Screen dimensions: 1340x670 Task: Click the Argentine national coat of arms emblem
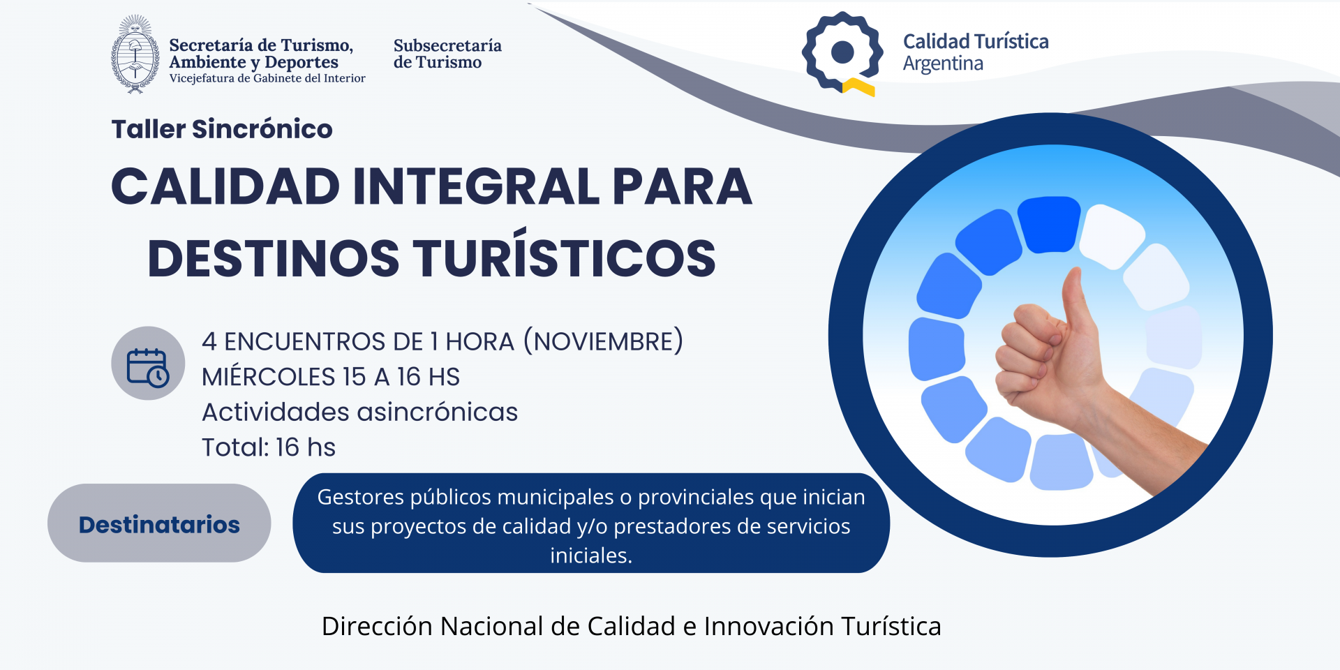pos(135,54)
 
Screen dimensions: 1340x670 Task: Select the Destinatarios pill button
pos(159,523)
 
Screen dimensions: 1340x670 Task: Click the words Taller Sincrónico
pos(222,129)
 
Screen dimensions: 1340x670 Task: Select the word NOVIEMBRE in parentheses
pos(604,341)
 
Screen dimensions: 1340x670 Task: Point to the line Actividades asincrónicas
pos(360,412)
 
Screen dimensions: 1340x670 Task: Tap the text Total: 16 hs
pos(269,447)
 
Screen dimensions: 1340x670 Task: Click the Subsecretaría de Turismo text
pos(447,54)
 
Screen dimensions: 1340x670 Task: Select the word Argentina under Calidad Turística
pos(943,64)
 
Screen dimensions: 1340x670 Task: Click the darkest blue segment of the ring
pos(1049,225)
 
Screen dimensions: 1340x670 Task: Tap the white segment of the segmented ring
pos(1112,236)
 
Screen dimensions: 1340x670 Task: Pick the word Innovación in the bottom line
pos(769,626)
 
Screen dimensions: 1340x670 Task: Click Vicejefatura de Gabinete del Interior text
pos(267,78)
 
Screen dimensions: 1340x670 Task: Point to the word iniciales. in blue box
pos(591,556)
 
